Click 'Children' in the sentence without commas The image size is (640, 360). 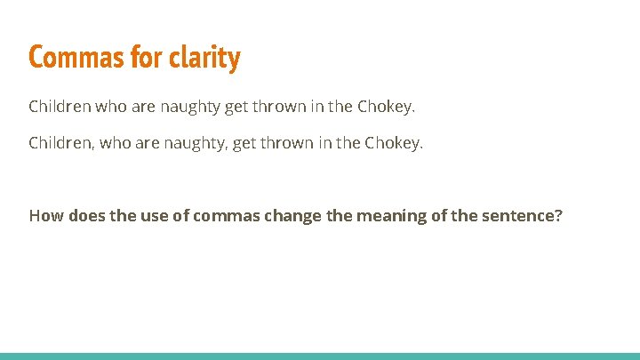59,107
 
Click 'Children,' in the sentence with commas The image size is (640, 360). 61,143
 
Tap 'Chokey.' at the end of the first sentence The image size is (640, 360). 386,107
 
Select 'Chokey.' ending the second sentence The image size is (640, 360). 394,143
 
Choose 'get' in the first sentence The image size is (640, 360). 236,107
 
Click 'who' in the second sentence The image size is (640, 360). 112,143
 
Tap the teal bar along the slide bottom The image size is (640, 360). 320,356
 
